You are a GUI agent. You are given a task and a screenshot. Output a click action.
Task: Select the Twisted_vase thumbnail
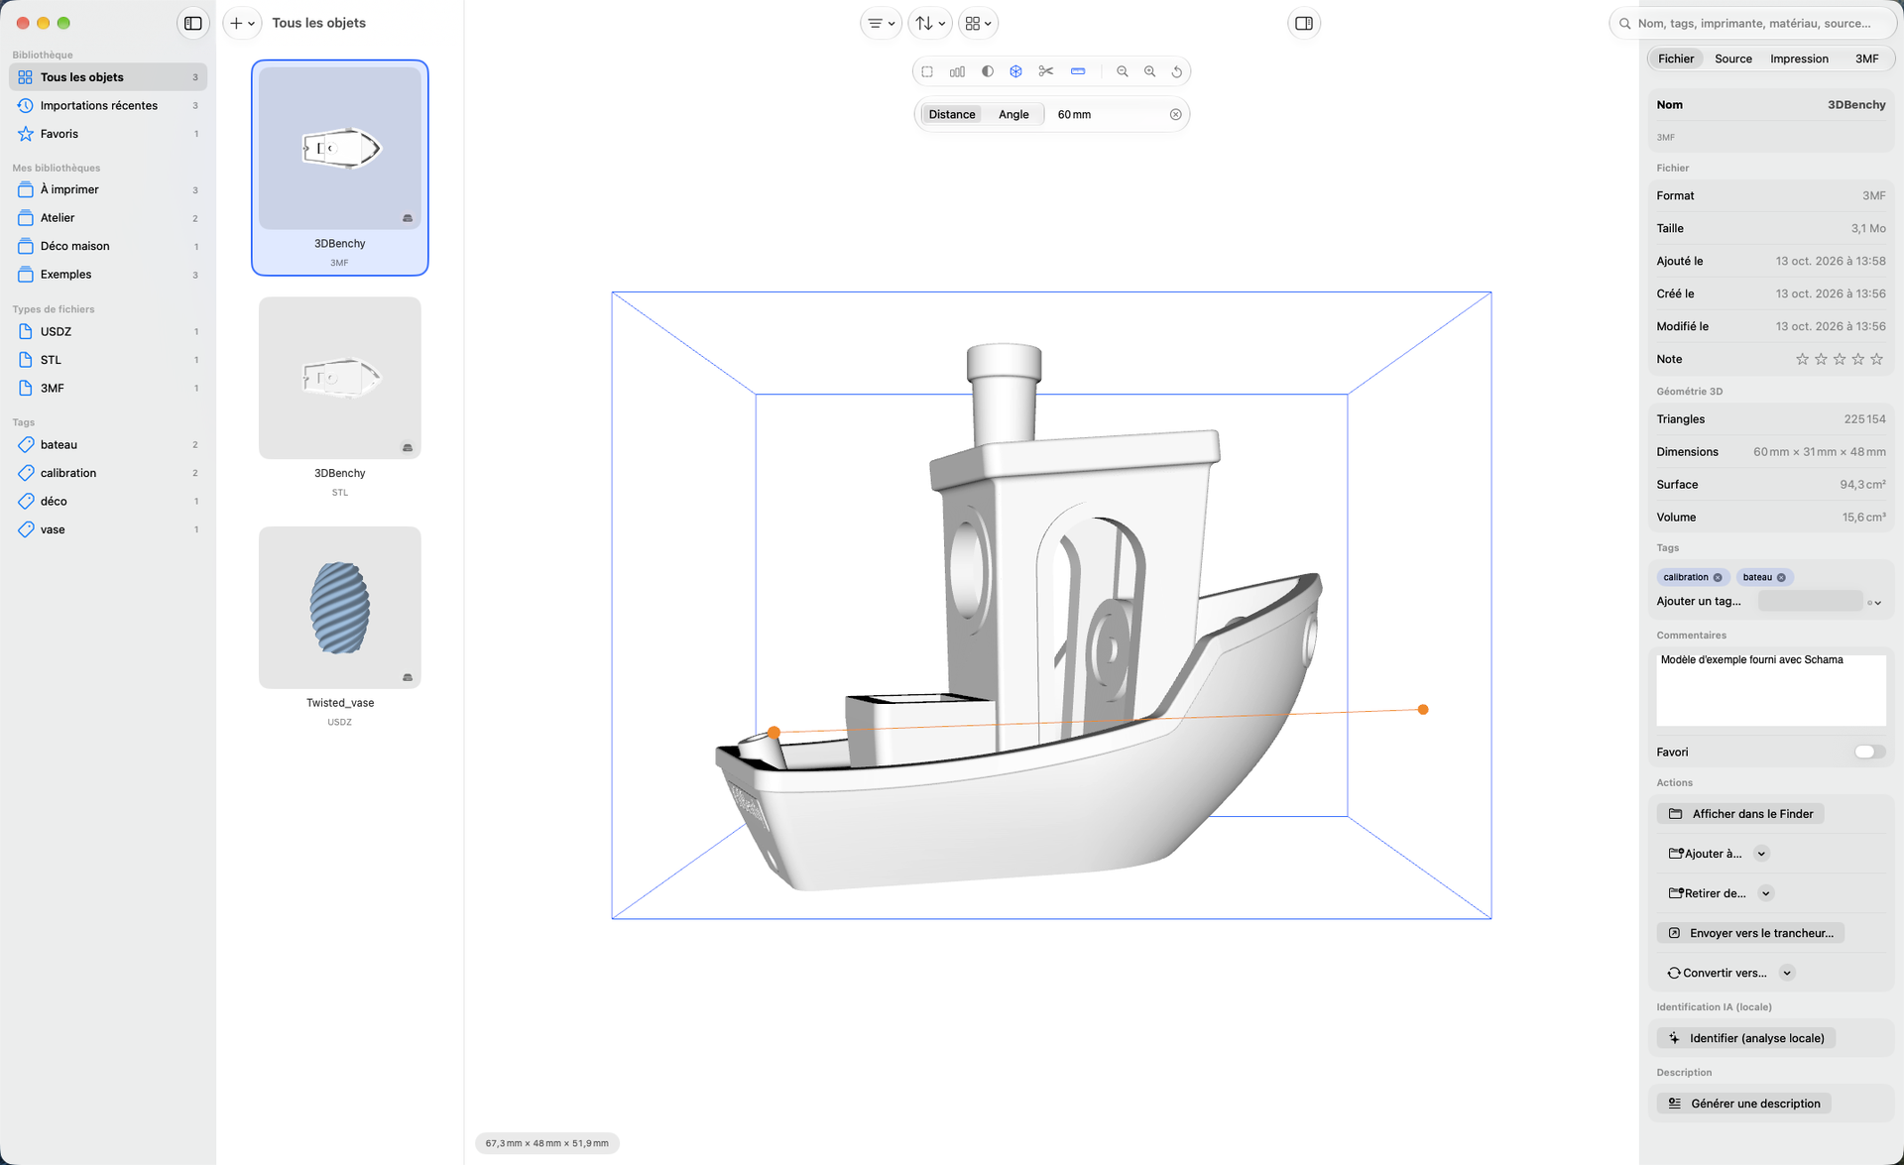(x=340, y=607)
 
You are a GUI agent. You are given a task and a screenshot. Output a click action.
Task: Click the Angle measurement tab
(x=1013, y=114)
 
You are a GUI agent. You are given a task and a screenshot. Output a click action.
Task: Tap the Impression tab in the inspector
(x=1799, y=58)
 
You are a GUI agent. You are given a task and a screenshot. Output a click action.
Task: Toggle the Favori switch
(x=1869, y=752)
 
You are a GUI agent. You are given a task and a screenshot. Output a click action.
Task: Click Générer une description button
(x=1744, y=1104)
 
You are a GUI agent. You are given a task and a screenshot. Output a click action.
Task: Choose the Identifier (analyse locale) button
(x=1746, y=1038)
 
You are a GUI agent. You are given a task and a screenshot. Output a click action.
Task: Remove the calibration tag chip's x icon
(x=1718, y=577)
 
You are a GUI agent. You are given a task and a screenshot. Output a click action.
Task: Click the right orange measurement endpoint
(x=1423, y=709)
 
